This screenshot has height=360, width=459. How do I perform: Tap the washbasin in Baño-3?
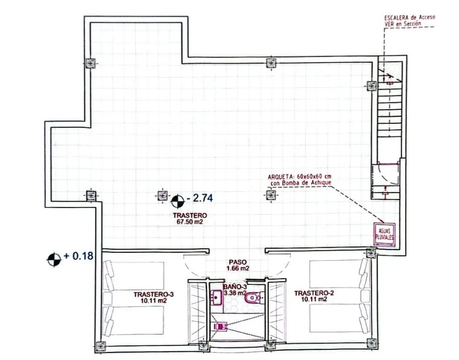pyautogui.click(x=216, y=297)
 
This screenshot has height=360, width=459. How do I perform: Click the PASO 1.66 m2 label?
pyautogui.click(x=238, y=265)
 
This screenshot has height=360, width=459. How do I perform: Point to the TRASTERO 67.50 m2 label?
pyautogui.click(x=190, y=219)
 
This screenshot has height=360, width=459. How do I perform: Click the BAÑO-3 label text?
pyautogui.click(x=235, y=287)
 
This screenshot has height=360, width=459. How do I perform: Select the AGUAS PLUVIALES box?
pyautogui.click(x=385, y=234)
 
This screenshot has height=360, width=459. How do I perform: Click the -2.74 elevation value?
pyautogui.click(x=199, y=199)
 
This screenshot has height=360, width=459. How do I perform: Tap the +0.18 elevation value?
pyautogui.click(x=79, y=256)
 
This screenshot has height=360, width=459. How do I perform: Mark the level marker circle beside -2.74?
pyautogui.click(x=177, y=201)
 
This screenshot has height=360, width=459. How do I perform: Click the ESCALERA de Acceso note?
pyautogui.click(x=409, y=21)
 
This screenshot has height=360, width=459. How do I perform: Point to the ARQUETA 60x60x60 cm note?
pyautogui.click(x=300, y=179)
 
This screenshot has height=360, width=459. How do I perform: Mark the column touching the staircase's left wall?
pyautogui.click(x=372, y=86)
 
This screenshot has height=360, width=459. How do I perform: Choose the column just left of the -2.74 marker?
pyautogui.click(x=162, y=196)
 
